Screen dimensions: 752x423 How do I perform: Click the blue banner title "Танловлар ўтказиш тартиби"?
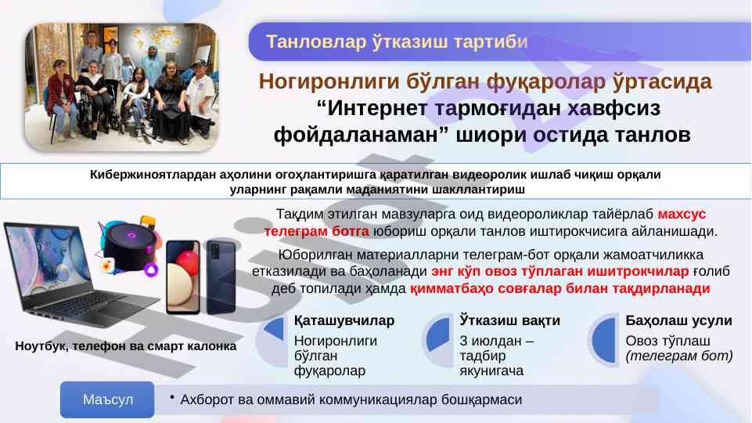pos(397,42)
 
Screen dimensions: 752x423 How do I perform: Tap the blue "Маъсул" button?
pos(107,399)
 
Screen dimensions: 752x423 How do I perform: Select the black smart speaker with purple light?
pos(128,246)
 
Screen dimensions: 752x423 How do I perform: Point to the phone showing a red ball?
pos(183,277)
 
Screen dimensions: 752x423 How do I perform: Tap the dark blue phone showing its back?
pos(221,277)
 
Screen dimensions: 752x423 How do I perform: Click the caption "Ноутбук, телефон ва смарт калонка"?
pos(126,346)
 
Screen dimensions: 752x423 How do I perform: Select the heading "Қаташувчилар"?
pos(344,320)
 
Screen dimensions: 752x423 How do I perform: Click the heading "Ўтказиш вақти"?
pos(509,320)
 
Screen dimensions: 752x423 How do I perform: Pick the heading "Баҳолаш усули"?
pos(678,320)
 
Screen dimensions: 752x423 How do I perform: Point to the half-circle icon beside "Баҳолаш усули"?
pos(603,340)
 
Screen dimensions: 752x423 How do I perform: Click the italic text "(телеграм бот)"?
pos(679,356)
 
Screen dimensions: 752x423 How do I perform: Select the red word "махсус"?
pos(682,214)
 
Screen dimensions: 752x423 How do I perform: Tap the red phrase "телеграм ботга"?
pos(317,231)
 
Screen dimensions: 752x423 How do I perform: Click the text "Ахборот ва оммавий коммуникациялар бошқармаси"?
pos(351,399)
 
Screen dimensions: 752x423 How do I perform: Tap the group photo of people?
pos(122,88)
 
